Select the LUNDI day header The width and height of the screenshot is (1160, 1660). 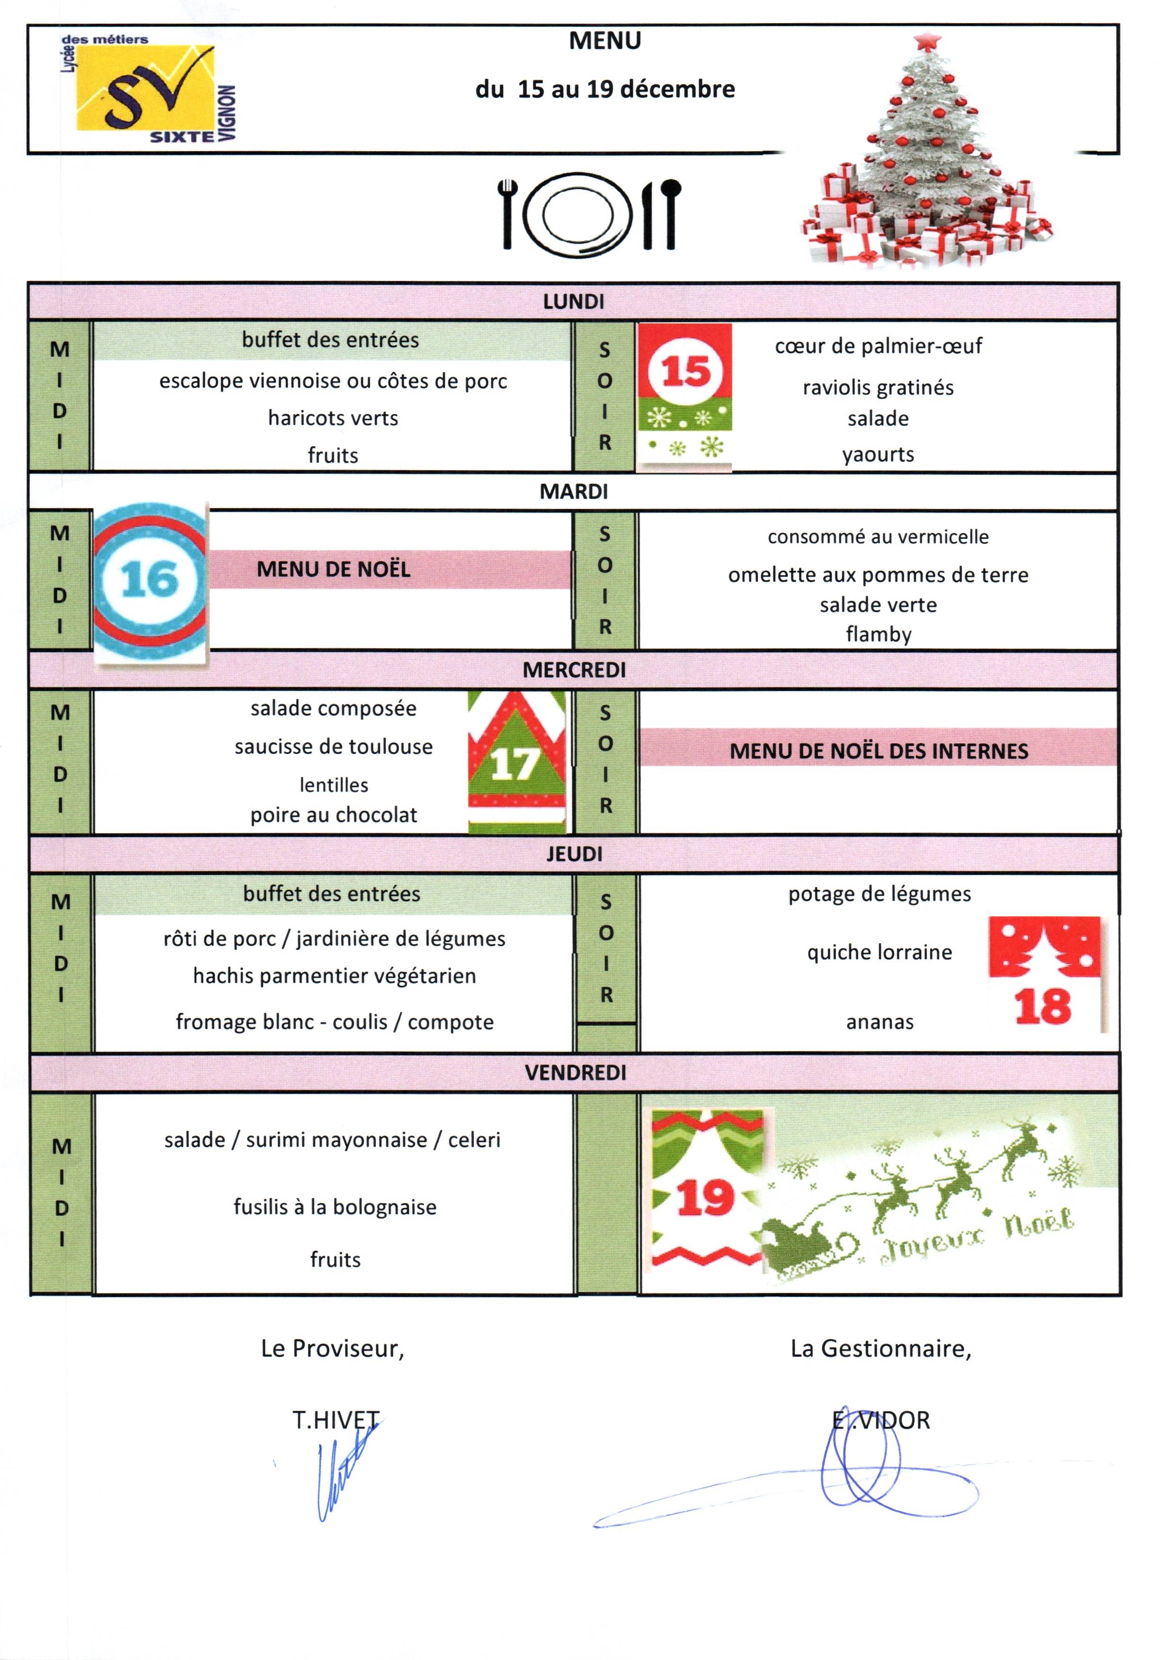[x=573, y=301]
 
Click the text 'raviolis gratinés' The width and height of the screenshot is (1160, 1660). [x=878, y=388]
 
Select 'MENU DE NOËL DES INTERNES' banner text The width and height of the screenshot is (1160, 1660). [x=878, y=751]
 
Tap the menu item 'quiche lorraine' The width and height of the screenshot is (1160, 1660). [x=879, y=952]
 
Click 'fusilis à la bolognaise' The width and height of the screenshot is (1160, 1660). [x=335, y=1207]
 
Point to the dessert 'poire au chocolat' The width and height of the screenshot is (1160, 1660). [x=334, y=815]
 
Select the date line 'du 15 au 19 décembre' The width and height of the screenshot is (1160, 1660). [x=605, y=89]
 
